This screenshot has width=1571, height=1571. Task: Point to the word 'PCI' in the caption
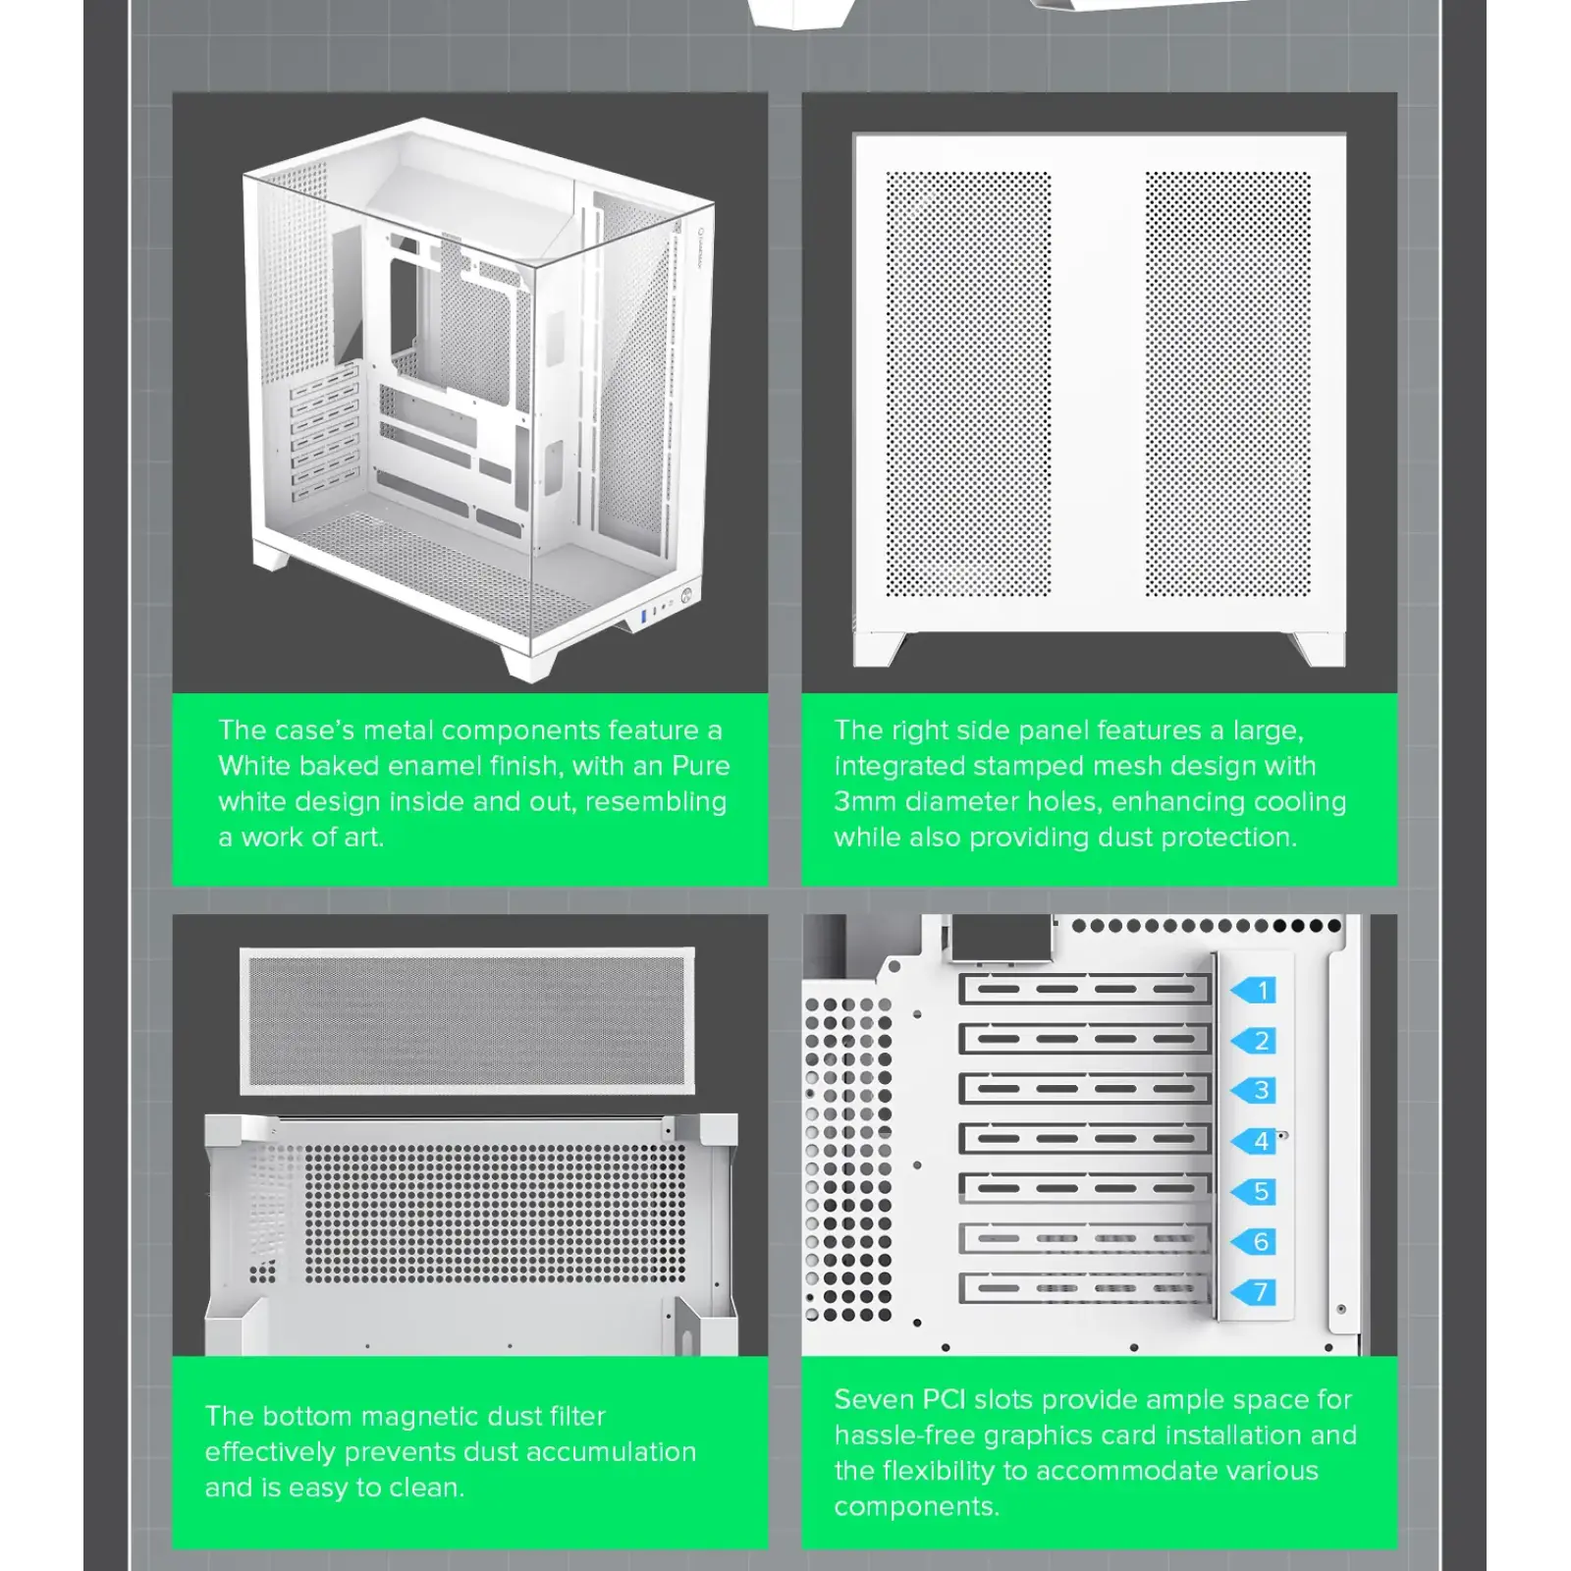click(944, 1399)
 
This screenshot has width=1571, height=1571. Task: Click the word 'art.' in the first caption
click(363, 837)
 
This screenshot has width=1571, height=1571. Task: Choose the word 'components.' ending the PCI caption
click(916, 1506)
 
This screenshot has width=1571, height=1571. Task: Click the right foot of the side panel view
click(1318, 648)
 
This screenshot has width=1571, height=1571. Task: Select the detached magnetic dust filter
click(467, 1021)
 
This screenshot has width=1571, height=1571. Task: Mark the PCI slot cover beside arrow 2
click(1084, 1039)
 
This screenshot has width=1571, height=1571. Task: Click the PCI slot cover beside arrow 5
click(1084, 1189)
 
